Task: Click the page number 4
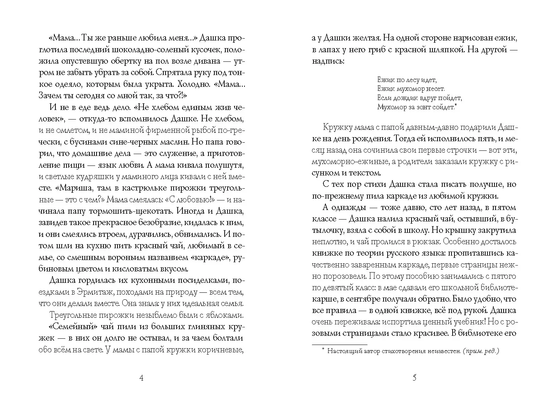pyautogui.click(x=142, y=378)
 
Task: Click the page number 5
pyautogui.click(x=414, y=378)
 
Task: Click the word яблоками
pyautogui.click(x=225, y=316)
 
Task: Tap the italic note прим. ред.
pyautogui.click(x=481, y=351)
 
